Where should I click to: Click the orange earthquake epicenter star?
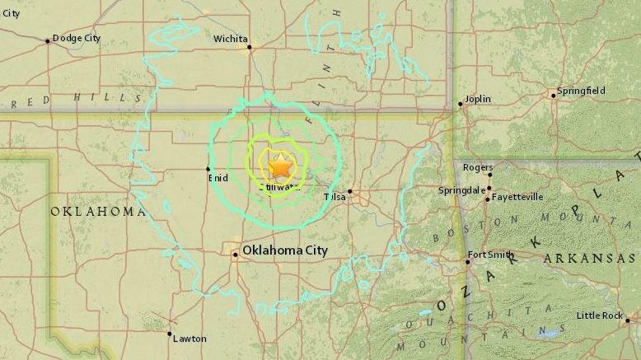tap(280, 166)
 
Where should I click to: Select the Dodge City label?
tap(76, 38)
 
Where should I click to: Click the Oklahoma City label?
tap(284, 250)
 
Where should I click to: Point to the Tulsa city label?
tap(335, 197)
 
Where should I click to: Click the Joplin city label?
tap(478, 99)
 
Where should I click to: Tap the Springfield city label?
tap(581, 91)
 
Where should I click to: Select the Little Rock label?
tap(599, 316)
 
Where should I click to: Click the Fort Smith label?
tap(489, 254)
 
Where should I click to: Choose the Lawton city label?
tap(189, 338)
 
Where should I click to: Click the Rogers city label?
tap(478, 167)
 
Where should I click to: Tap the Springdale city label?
tap(461, 189)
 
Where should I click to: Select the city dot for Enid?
tap(208, 169)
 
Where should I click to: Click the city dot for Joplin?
tap(461, 104)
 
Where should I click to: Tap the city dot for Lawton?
tap(170, 334)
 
